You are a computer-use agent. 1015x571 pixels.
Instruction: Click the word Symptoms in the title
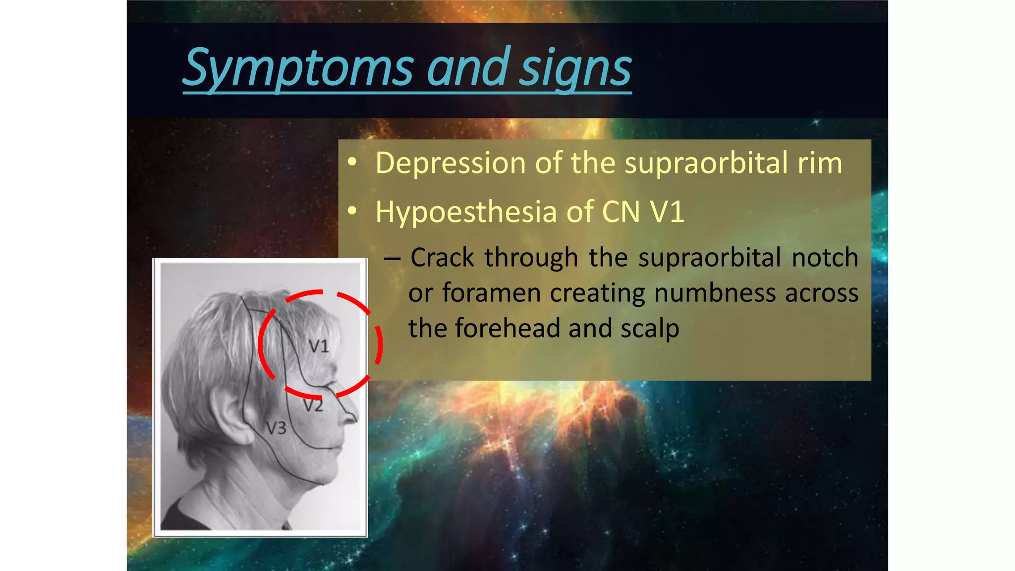coord(297,67)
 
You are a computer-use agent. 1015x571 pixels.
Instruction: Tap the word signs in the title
coord(575,67)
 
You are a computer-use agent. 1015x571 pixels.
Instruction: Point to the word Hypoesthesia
coord(466,212)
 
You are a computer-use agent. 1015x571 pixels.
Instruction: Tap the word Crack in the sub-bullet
coord(443,257)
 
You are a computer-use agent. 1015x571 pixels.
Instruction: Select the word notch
coord(825,257)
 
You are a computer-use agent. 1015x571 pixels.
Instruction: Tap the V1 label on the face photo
coord(319,346)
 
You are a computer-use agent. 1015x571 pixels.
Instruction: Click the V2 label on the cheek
coord(313,406)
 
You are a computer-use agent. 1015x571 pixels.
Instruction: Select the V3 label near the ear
coord(276,428)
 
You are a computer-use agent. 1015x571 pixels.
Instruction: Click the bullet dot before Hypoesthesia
coord(352,211)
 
